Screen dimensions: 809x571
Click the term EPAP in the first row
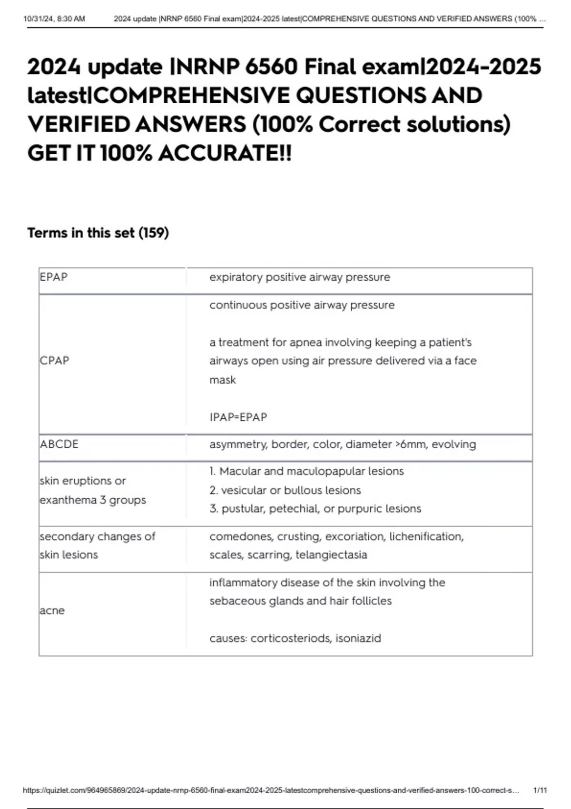pos(54,277)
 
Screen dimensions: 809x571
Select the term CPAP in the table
pos(54,360)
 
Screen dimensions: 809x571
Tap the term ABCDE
pos(59,444)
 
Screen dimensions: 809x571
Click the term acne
pos(52,610)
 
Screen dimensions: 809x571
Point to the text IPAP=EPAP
pos(238,417)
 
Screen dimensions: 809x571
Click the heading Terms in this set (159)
pos(98,233)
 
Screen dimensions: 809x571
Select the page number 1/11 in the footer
pos(540,790)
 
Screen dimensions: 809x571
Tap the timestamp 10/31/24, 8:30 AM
pos(54,19)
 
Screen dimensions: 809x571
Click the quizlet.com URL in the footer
pos(271,790)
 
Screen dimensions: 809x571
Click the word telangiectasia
pos(331,554)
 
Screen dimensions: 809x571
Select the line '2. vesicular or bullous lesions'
pos(285,490)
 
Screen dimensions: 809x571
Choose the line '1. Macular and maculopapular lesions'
pos(306,471)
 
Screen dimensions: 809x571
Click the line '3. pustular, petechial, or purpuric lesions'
pos(315,509)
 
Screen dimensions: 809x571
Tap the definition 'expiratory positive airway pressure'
pos(300,277)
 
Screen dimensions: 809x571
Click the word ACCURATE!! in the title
pos(225,153)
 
